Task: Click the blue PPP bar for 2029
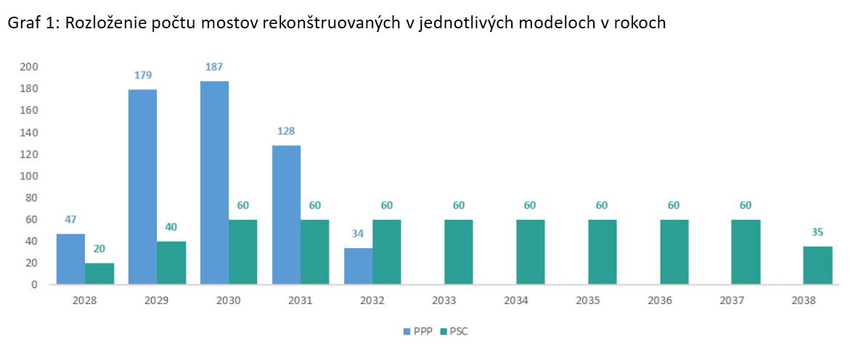point(142,187)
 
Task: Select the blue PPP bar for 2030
point(214,182)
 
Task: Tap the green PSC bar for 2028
point(99,273)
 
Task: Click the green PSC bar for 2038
point(817,265)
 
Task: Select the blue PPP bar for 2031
point(286,214)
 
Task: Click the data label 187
point(214,67)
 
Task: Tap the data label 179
point(142,75)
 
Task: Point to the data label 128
point(286,131)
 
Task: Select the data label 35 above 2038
point(817,232)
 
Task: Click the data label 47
point(70,219)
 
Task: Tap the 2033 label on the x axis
point(458,299)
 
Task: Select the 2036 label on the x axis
point(674,299)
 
